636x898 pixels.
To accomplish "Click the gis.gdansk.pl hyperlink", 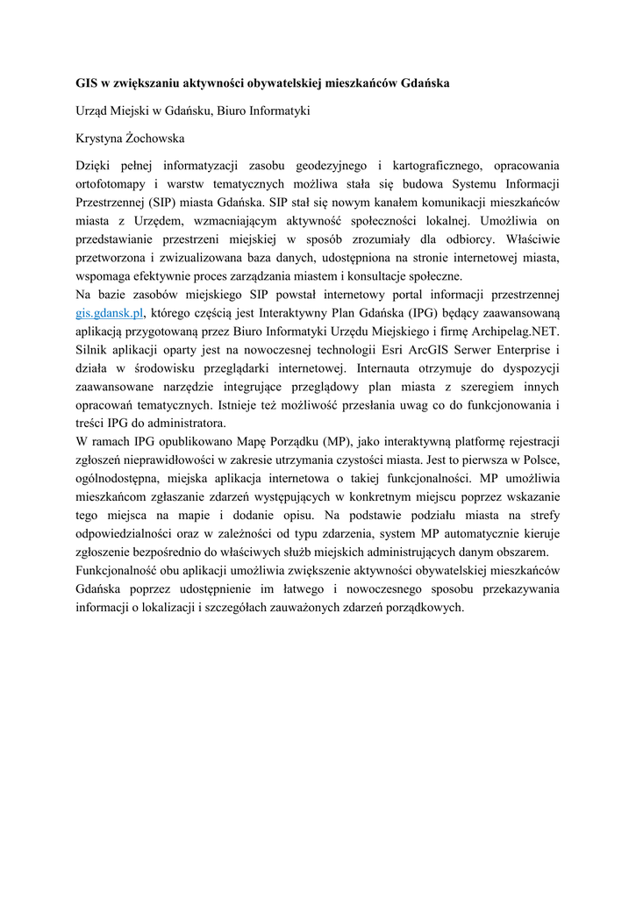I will [109, 312].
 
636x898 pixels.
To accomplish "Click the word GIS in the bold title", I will [85, 84].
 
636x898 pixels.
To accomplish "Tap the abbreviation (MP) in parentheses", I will [339, 441].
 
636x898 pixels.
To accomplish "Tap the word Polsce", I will [540, 460].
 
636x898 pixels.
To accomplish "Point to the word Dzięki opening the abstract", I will [96, 165].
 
